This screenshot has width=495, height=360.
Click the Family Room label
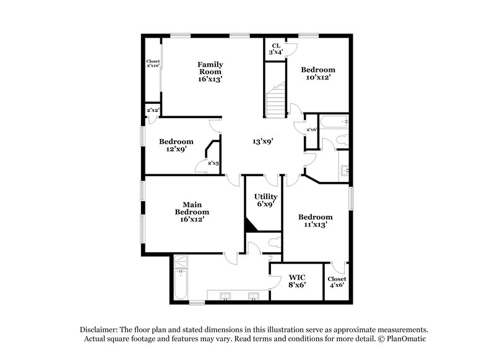click(210, 71)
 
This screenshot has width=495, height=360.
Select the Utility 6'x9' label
click(265, 200)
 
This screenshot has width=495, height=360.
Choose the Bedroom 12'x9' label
click(176, 145)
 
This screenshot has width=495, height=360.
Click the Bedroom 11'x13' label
click(316, 221)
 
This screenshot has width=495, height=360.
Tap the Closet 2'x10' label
click(153, 64)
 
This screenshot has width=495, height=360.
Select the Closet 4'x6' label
click(337, 282)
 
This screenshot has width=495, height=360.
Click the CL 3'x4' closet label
click(276, 48)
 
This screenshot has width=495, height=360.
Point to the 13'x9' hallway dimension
click(263, 141)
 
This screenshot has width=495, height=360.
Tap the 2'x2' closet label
click(152, 111)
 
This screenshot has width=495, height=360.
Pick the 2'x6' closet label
click(311, 129)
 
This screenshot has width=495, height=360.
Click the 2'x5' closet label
click(213, 163)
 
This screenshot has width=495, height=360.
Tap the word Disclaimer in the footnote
click(101, 330)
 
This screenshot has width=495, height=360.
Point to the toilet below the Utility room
click(273, 243)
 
